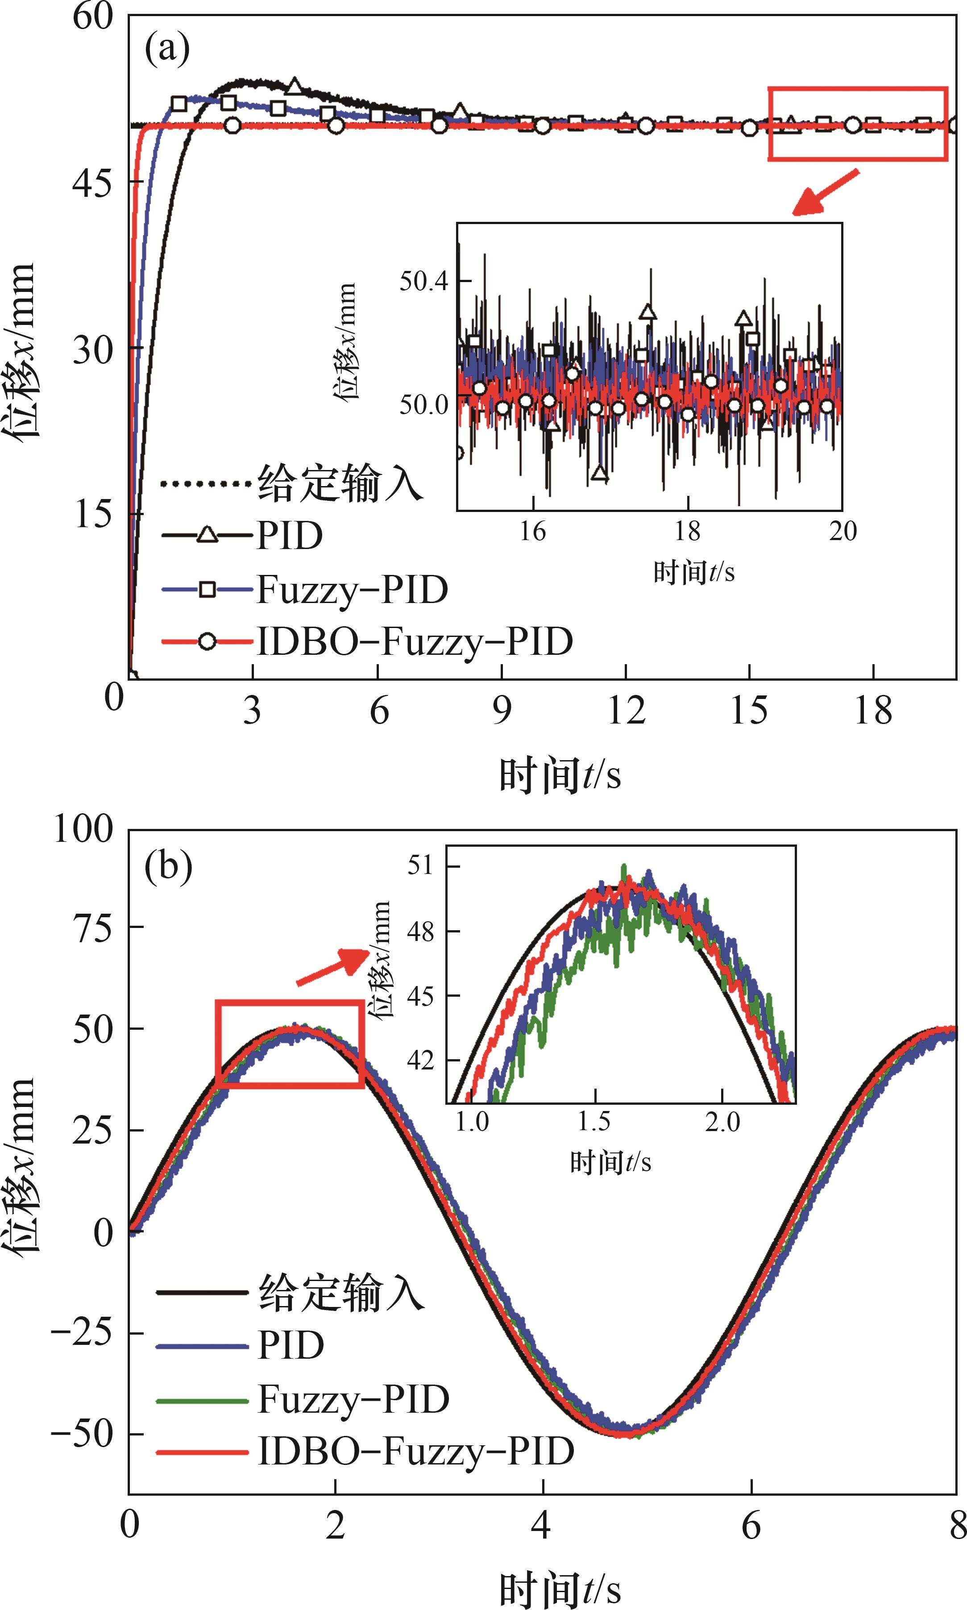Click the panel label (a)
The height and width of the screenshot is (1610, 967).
tap(167, 49)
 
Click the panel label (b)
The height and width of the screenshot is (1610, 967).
tap(168, 865)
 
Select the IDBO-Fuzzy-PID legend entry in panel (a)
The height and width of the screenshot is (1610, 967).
tap(415, 641)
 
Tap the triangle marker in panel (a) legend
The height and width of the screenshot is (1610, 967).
tap(207, 535)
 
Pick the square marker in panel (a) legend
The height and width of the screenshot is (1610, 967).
tap(207, 589)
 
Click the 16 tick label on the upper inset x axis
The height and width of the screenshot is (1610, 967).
tap(532, 531)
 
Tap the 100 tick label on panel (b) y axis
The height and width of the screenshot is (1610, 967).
tap(83, 829)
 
